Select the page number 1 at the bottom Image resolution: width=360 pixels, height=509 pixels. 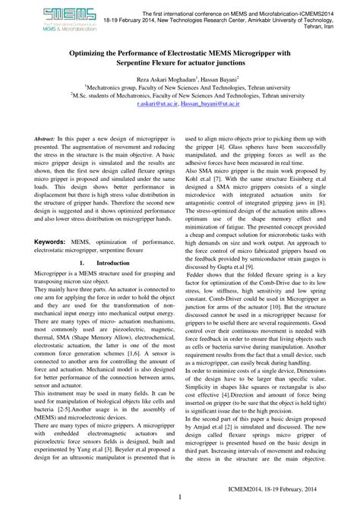[x=179, y=498]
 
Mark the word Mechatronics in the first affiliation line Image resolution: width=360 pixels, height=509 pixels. [x=110, y=87]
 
